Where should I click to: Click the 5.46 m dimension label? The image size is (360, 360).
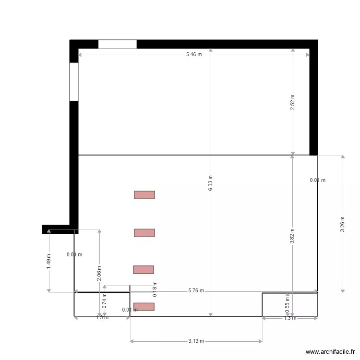pos(194,55)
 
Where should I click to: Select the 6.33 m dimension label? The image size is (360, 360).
pos(210,183)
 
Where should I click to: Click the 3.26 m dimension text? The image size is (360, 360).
pos(343,224)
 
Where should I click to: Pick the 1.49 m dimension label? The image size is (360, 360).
pos(49,261)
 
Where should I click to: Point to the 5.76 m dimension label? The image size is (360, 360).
pos(196,290)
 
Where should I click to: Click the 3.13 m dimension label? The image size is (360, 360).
pos(196,341)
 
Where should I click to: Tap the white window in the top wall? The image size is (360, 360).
pos(118,44)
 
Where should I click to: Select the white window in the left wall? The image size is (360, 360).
pos(74,82)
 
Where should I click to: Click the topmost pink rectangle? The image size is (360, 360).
pos(144,195)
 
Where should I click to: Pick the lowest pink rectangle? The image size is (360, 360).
pos(144,307)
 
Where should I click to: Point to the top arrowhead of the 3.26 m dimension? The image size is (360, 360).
pos(343,157)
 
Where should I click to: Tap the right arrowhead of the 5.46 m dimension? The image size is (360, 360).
pos(308,55)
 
